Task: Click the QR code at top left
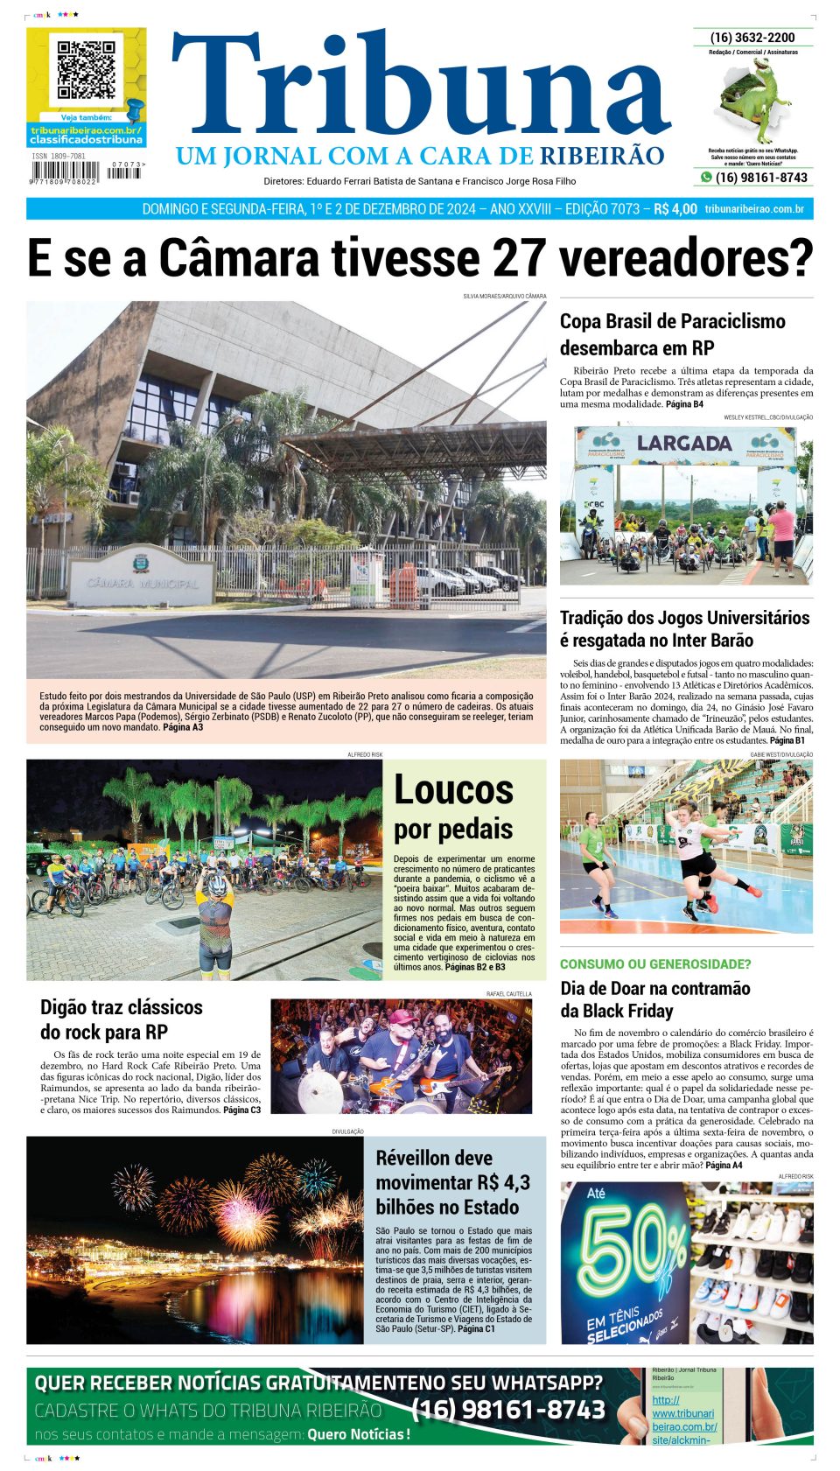pos(86,69)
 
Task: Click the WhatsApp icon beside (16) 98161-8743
pos(705,178)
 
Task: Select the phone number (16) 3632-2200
pos(752,38)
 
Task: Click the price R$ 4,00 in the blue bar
pos(675,209)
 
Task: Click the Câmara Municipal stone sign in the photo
pos(142,578)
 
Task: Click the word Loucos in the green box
pos(453,789)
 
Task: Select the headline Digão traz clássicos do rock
pos(122,1019)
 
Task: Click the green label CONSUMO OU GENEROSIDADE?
pos(654,963)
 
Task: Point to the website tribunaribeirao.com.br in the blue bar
pos(754,209)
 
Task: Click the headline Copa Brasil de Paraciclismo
pos(672,334)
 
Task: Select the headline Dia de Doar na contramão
pos(654,999)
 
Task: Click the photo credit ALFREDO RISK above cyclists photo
pos(365,753)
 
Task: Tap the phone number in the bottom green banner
pos(507,1410)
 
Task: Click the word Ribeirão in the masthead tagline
pos(601,156)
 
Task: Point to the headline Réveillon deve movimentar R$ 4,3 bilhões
pos(452,1182)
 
